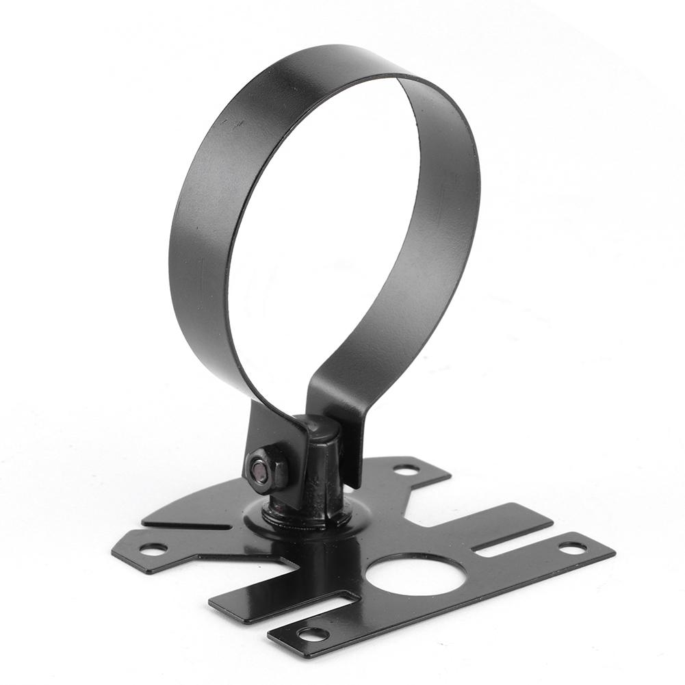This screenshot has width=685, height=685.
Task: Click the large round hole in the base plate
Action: point(415,573)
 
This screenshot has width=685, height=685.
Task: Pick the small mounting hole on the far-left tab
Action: point(152,548)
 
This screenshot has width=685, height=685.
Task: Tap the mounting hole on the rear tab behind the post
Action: point(406,469)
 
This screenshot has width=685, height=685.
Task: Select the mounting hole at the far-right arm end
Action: point(572,547)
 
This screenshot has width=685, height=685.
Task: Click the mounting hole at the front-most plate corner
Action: point(313,634)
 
